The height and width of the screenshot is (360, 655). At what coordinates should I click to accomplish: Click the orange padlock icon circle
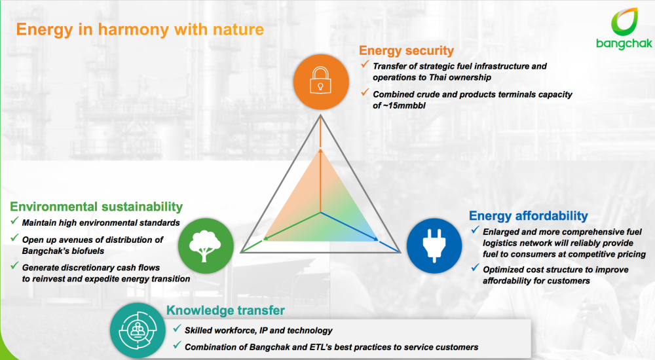(x=321, y=82)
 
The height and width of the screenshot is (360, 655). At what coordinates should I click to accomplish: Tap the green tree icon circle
(x=206, y=246)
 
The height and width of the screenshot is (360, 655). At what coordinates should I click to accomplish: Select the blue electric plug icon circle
(x=434, y=246)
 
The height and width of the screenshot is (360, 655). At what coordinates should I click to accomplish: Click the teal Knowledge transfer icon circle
(x=138, y=331)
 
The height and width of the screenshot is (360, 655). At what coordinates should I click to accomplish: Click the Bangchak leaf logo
(x=624, y=22)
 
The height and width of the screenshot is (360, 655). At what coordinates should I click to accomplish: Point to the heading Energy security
(x=406, y=50)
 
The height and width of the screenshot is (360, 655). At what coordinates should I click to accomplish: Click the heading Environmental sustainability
(x=96, y=207)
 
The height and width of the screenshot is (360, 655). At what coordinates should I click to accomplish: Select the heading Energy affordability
(x=529, y=215)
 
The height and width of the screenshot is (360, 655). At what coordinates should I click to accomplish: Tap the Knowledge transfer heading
(x=225, y=310)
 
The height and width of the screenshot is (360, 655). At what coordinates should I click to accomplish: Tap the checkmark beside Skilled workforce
(x=177, y=329)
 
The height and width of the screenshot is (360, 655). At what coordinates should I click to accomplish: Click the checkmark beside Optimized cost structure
(x=475, y=268)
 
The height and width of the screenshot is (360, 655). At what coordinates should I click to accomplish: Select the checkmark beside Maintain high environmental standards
(x=14, y=221)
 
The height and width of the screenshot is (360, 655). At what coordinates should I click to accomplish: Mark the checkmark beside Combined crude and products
(x=365, y=92)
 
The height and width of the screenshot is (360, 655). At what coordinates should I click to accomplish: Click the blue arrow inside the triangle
(x=349, y=226)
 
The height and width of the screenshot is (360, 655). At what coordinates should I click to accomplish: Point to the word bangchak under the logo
(x=624, y=44)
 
